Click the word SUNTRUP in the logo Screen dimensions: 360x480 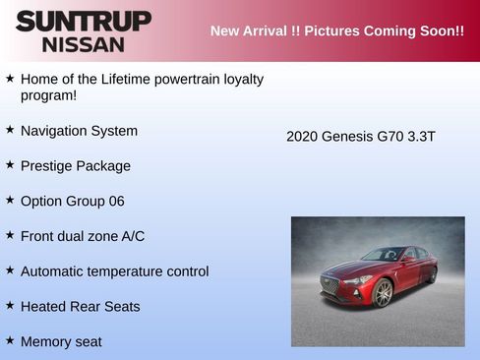(84, 21)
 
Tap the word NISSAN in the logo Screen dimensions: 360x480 (84, 44)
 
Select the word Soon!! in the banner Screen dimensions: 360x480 (441, 30)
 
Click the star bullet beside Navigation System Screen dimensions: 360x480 (10, 130)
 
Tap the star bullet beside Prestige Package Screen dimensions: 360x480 (10, 165)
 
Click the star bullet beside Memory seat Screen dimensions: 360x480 (10, 340)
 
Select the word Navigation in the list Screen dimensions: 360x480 (55, 131)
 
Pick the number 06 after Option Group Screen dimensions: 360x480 (116, 202)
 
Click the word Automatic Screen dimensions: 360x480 (54, 271)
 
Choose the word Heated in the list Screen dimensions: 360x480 (43, 307)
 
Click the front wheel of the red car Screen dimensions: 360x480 (383, 293)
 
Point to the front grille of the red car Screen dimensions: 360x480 (331, 287)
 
